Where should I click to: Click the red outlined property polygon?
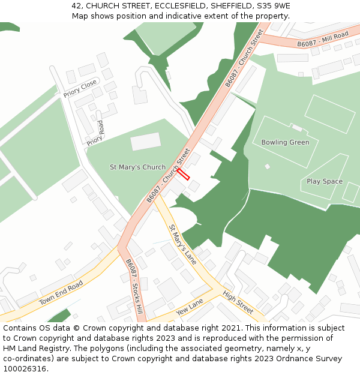point(183,174)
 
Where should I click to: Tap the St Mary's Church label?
point(137,167)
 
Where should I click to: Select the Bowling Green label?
point(285,142)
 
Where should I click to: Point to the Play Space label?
point(325,181)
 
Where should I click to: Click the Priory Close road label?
point(80,89)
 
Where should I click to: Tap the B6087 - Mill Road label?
point(322,40)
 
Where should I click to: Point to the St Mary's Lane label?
point(182,244)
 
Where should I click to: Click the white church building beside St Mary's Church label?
point(146,142)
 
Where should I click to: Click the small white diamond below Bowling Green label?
point(267,166)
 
